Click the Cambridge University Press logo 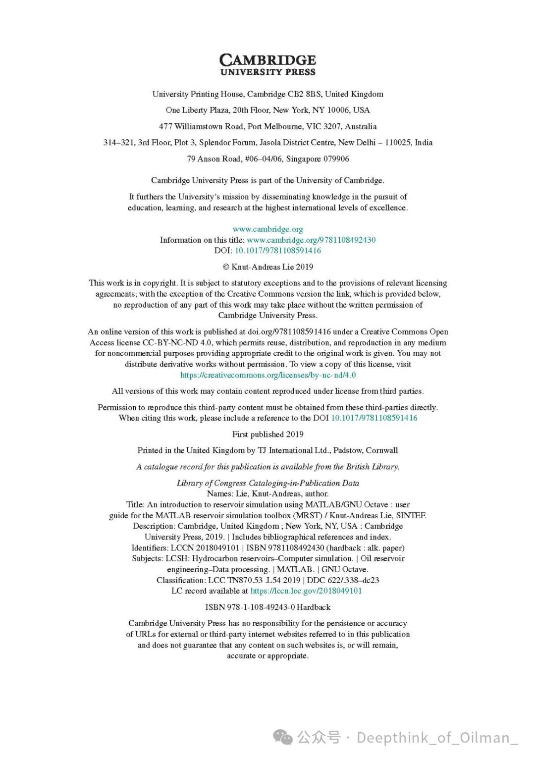click(x=267, y=65)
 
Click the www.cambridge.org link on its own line click(x=267, y=229)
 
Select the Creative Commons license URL click(x=267, y=375)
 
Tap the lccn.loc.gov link click(x=306, y=591)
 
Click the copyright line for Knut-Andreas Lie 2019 click(x=267, y=267)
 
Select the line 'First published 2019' click(x=267, y=434)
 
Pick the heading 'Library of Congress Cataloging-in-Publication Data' click(x=267, y=483)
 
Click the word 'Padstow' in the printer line click(x=347, y=450)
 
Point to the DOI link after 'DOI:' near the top click(x=277, y=251)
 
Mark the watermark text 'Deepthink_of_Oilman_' click(x=437, y=738)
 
